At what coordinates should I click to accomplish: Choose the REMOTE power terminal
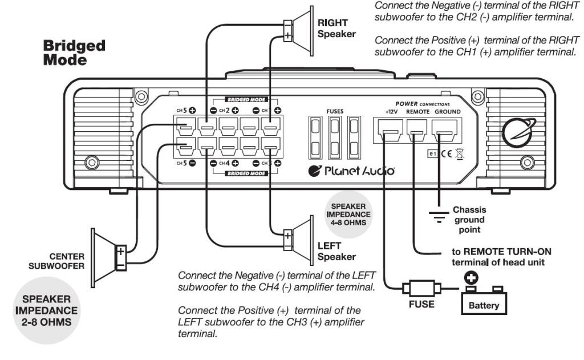pos(417,135)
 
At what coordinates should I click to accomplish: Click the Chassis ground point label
pos(469,220)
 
